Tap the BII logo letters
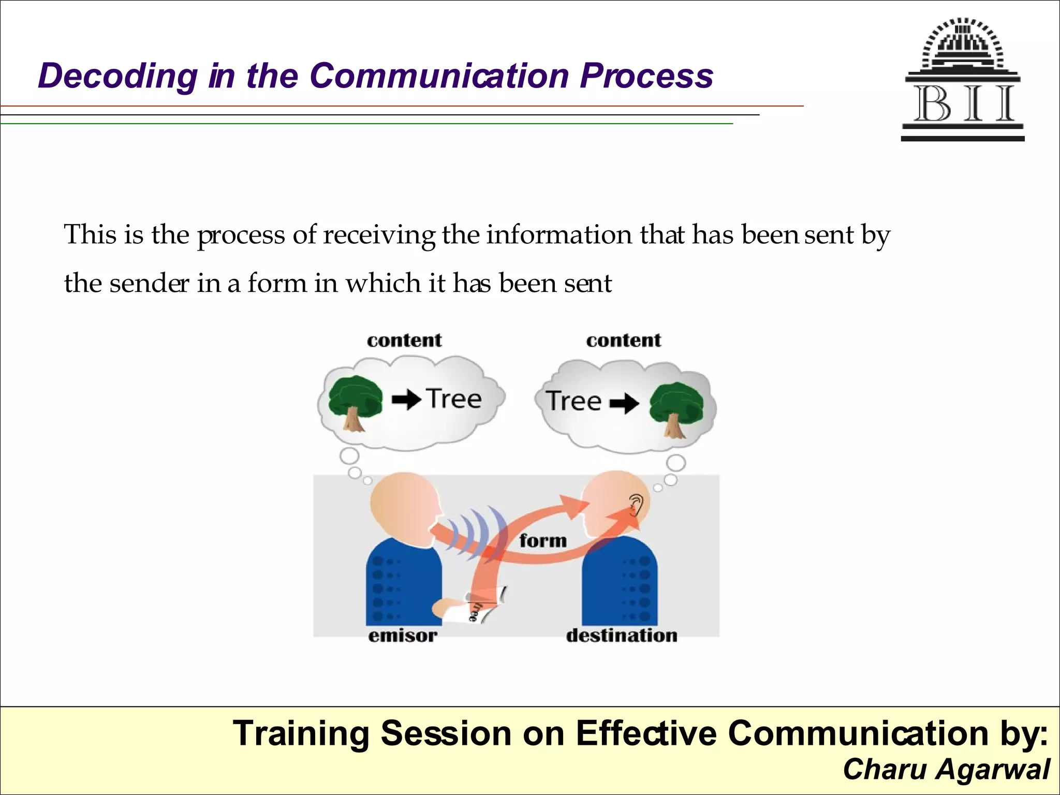pos(963,104)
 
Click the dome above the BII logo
pos(963,44)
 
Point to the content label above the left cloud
pos(404,341)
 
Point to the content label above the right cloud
pos(624,341)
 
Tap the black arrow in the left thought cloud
pos(406,400)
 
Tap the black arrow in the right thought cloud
pos(624,403)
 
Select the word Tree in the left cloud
pos(454,399)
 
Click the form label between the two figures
pos(543,541)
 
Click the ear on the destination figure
pos(636,504)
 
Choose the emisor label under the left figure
pos(403,636)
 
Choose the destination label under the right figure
pos(622,636)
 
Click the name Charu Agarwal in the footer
pos(946,769)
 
